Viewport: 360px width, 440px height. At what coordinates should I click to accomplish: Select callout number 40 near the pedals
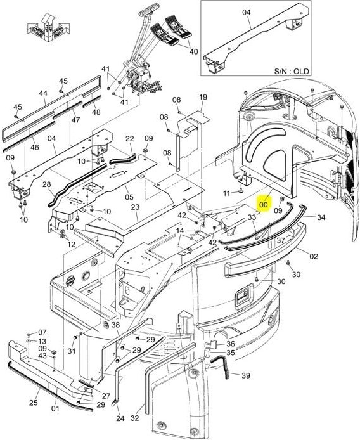(x=193, y=51)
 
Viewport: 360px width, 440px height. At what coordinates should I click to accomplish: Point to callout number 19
(x=203, y=97)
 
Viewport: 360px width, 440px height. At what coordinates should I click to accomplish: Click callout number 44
(x=43, y=93)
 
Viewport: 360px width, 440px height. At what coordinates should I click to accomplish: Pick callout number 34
(x=321, y=217)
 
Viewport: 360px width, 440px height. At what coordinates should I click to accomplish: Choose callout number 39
(x=245, y=376)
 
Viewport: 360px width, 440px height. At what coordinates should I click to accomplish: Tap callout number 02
(x=312, y=256)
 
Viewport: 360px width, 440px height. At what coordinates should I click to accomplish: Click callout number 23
(x=135, y=207)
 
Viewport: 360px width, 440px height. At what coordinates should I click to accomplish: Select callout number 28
(x=47, y=184)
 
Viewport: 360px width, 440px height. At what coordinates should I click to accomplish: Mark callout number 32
(x=134, y=418)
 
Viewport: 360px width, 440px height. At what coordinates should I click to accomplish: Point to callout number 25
(x=34, y=403)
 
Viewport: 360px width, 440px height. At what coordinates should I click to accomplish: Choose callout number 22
(x=129, y=139)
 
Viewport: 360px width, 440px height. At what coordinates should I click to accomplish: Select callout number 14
(x=180, y=231)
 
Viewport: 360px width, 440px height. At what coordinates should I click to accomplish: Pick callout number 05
(x=129, y=188)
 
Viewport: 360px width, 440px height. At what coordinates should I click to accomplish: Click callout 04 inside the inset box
(x=247, y=12)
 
